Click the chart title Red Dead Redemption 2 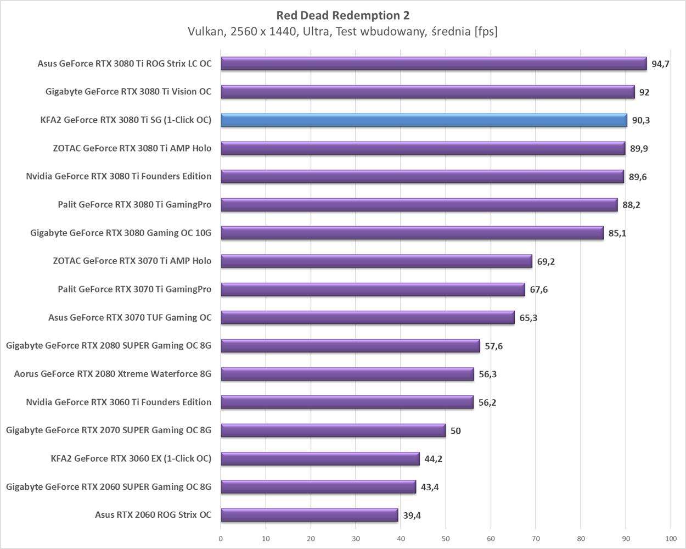point(342,15)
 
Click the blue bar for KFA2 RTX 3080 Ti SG point(424,120)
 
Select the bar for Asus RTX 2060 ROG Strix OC point(309,515)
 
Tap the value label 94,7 point(660,64)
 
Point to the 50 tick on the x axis point(446,539)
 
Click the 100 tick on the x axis point(670,539)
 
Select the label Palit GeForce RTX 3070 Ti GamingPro point(134,289)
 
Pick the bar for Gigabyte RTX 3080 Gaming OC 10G point(412,233)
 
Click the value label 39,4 point(412,516)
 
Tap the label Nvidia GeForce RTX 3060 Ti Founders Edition point(119,402)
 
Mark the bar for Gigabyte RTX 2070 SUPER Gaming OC point(333,430)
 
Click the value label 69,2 point(546,261)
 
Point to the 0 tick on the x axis point(221,539)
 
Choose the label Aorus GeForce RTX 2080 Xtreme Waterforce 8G point(113,374)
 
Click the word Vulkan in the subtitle point(205,32)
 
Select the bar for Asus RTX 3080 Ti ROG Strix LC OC point(434,64)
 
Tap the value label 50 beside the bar point(456,431)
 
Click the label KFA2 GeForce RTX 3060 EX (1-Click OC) point(131,458)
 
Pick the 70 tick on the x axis point(536,539)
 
